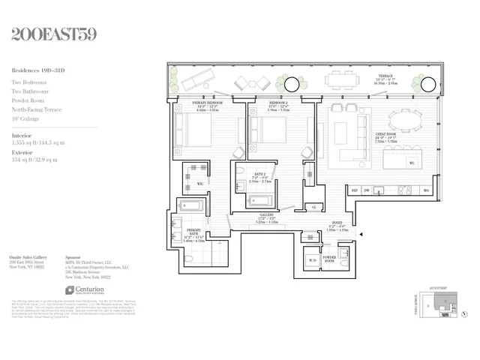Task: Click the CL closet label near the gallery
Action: (x=313, y=206)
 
